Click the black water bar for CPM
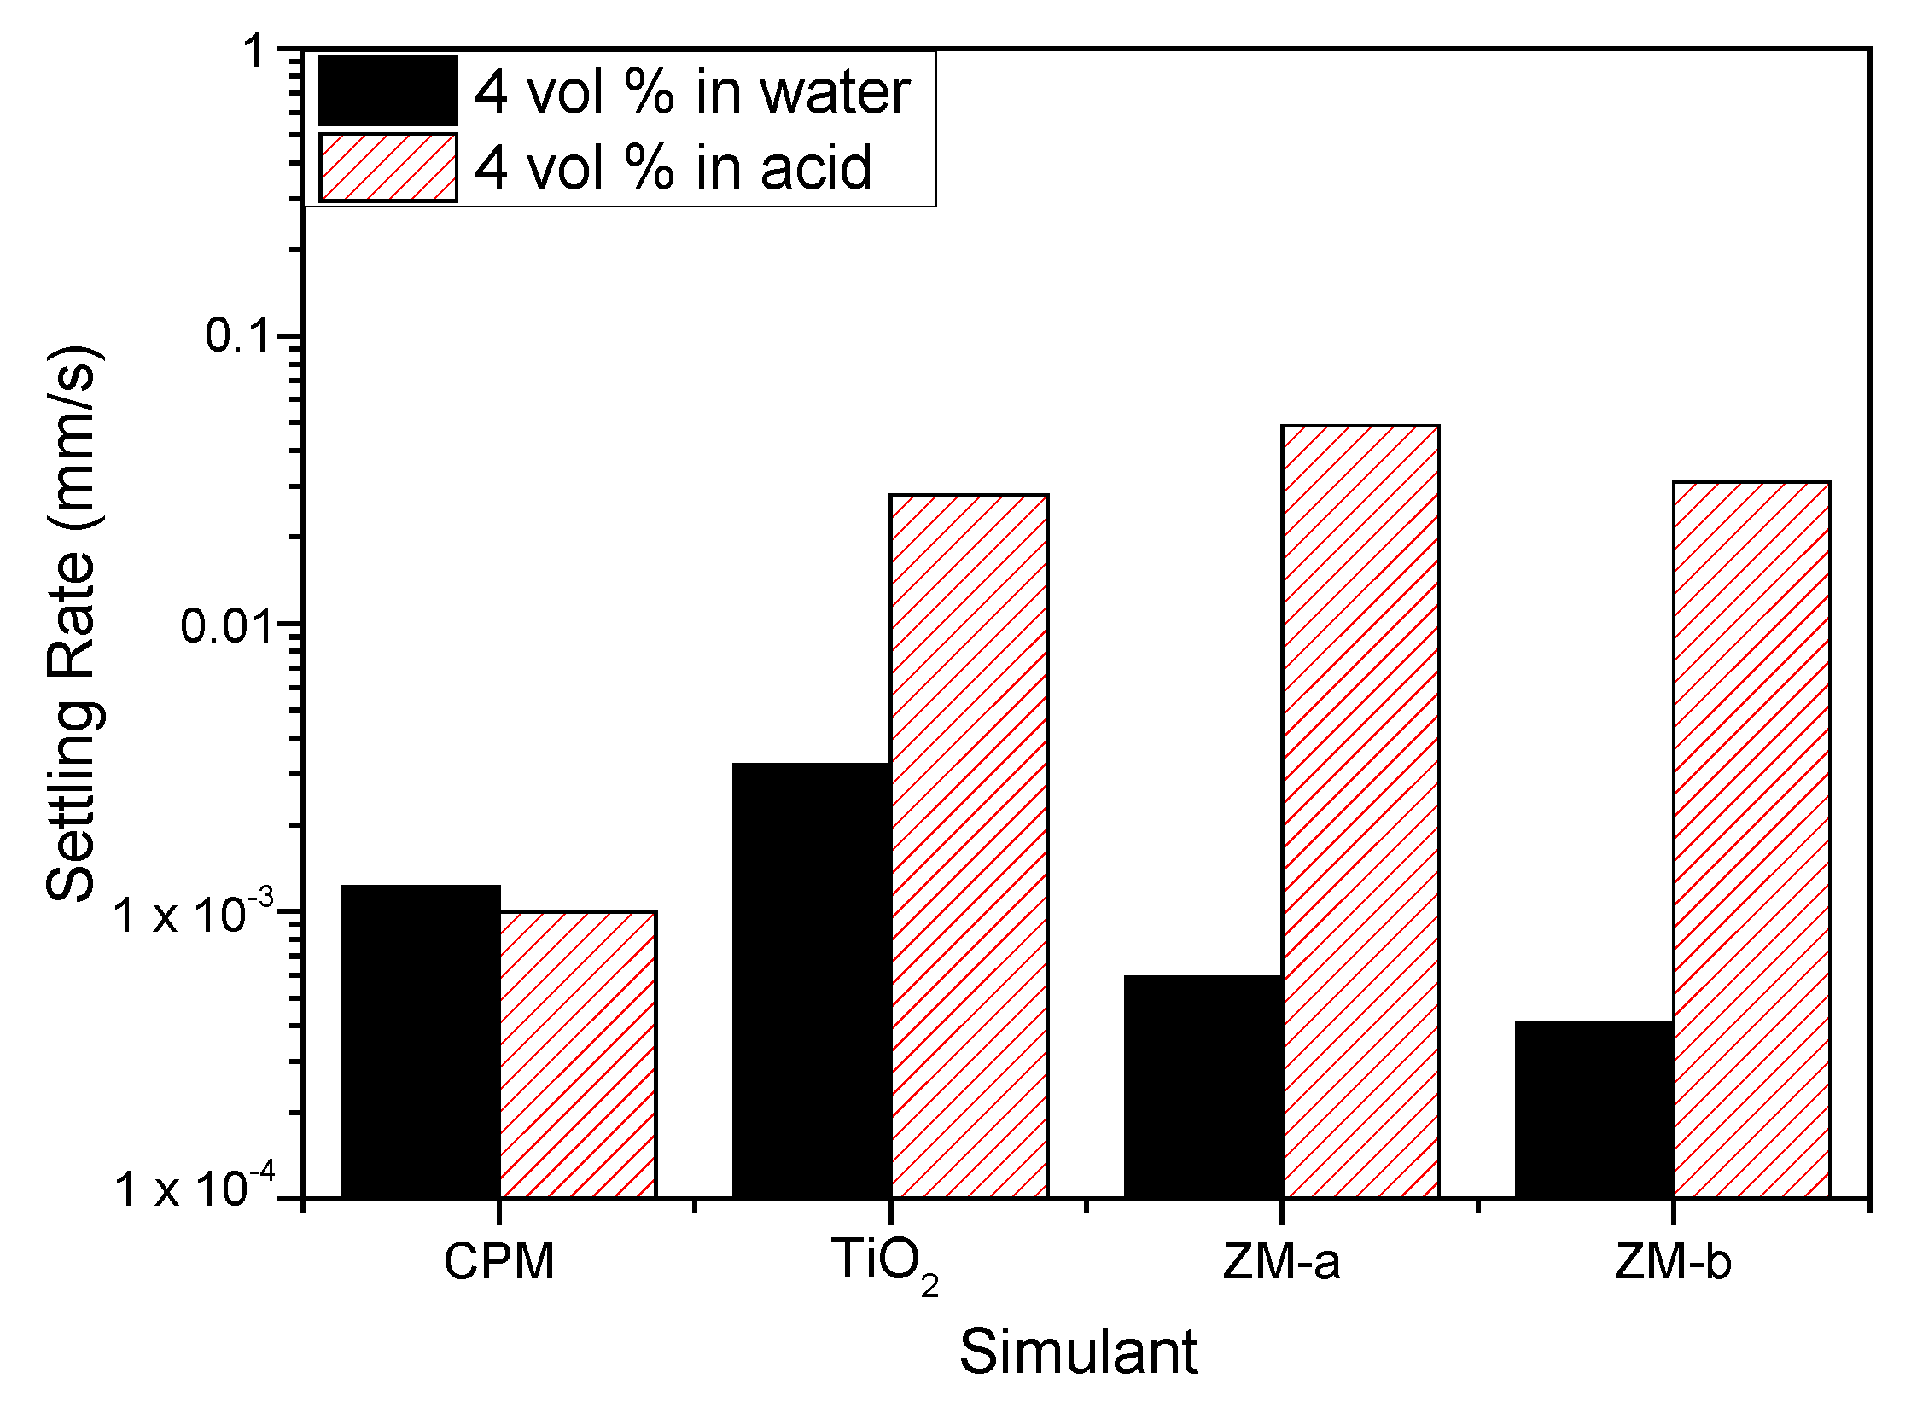420,1041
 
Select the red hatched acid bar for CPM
578,1054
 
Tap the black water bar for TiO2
811,980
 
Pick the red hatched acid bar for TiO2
969,846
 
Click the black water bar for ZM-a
1203,1086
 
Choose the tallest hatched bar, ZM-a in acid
1360,811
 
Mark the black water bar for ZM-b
1594,1109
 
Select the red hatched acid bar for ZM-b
1751,840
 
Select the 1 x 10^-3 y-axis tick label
194,913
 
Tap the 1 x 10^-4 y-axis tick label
194,1187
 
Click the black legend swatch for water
387,91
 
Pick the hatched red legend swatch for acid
387,167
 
